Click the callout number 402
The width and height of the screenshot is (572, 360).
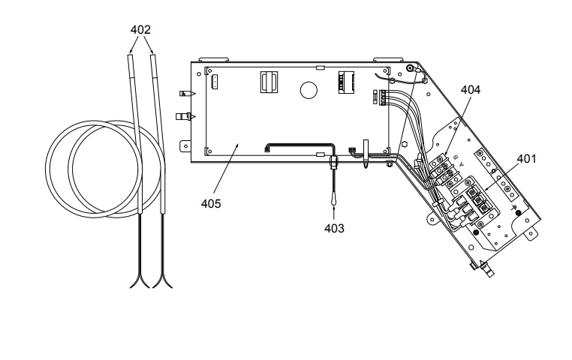click(x=140, y=30)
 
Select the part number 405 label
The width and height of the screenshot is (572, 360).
click(x=211, y=203)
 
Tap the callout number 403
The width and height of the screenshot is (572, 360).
click(x=334, y=228)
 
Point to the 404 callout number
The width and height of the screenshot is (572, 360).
click(x=471, y=89)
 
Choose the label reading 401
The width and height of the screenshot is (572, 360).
click(x=527, y=158)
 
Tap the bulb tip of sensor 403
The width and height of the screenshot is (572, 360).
click(x=333, y=199)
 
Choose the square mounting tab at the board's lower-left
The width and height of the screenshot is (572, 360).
click(x=185, y=145)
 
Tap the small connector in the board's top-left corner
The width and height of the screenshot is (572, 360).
click(x=212, y=81)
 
